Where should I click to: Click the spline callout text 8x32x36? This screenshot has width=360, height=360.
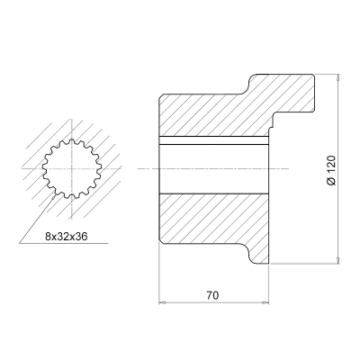[x=66, y=237]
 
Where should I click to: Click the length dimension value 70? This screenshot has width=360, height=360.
[x=212, y=295]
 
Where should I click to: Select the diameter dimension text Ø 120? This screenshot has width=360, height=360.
[x=331, y=170]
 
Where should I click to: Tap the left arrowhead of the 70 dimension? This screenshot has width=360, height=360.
[x=162, y=303]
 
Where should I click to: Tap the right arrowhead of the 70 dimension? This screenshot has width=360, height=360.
[x=265, y=303]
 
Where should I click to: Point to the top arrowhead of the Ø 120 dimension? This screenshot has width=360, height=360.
[x=338, y=76]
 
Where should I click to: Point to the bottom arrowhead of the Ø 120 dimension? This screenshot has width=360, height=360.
[x=338, y=261]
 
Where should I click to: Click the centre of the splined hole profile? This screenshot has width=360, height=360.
[x=72, y=169]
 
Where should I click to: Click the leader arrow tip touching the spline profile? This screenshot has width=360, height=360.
[x=54, y=196]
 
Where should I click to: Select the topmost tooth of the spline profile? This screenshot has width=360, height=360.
[x=72, y=141]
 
